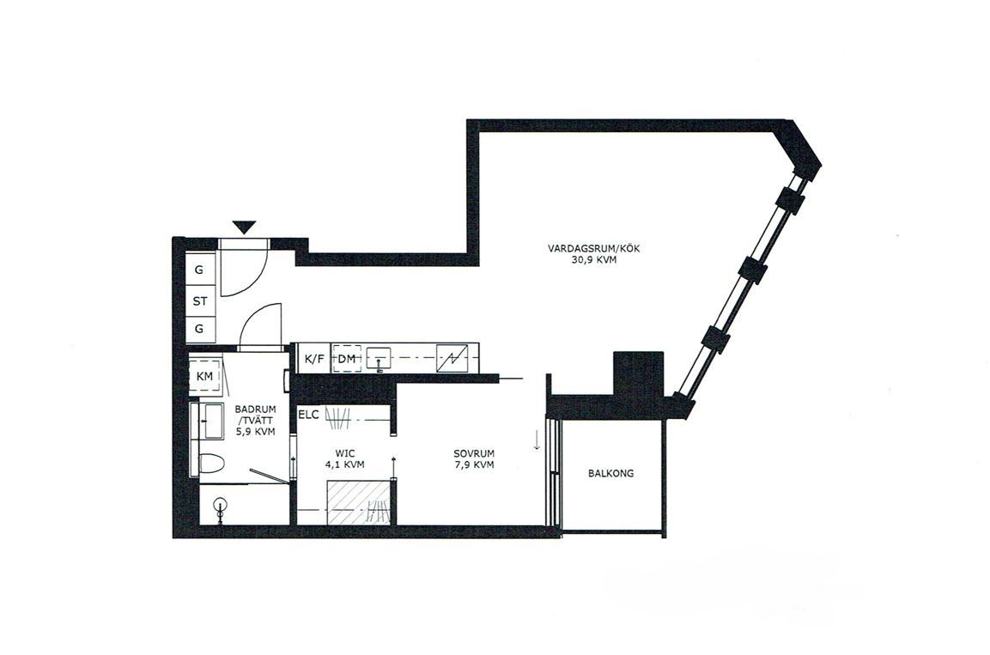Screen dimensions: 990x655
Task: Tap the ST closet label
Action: coord(200,301)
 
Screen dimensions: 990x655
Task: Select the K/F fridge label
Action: coord(313,359)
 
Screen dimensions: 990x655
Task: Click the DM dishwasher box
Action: coord(347,359)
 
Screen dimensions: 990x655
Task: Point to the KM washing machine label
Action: coord(204,377)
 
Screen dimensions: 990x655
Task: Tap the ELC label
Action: coord(309,415)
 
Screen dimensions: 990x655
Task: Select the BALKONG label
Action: coord(610,473)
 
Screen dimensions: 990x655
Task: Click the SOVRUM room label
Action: coord(473,454)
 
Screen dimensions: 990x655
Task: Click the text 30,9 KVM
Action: coord(593,259)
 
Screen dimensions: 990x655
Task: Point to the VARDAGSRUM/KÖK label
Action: coord(593,249)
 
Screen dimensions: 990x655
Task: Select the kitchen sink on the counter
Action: coord(380,359)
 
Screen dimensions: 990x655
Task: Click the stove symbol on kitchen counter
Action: coord(452,359)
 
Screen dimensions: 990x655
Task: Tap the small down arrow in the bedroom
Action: coord(537,440)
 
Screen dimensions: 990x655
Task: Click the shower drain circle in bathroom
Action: coord(220,505)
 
